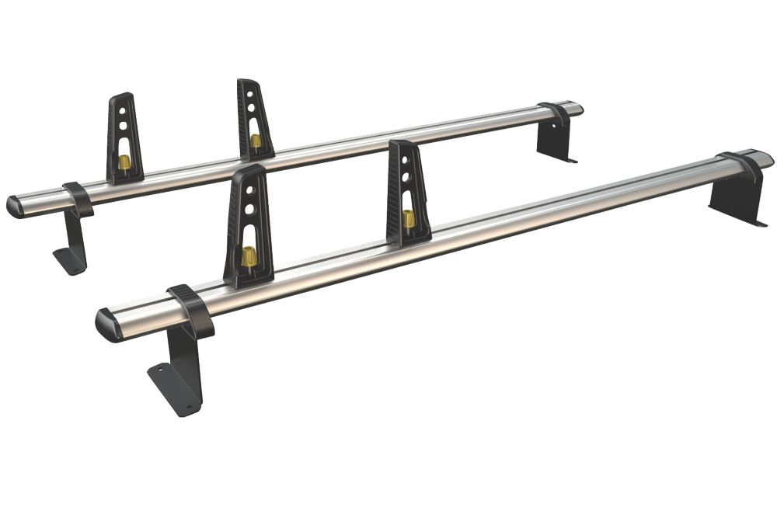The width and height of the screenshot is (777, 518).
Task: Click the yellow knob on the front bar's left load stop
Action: (249, 257)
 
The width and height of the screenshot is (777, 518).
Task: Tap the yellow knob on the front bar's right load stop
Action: (409, 219)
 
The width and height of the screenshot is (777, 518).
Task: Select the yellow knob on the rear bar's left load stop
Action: (124, 162)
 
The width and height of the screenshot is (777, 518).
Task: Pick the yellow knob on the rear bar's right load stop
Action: (256, 141)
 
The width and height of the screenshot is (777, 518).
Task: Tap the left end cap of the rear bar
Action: (14, 207)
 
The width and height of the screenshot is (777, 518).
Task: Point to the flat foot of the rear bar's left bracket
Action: (70, 262)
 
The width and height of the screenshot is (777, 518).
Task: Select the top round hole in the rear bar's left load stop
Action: (122, 110)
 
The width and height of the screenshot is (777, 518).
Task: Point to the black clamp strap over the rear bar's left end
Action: (78, 199)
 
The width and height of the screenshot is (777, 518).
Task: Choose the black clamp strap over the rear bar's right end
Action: (555, 113)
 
